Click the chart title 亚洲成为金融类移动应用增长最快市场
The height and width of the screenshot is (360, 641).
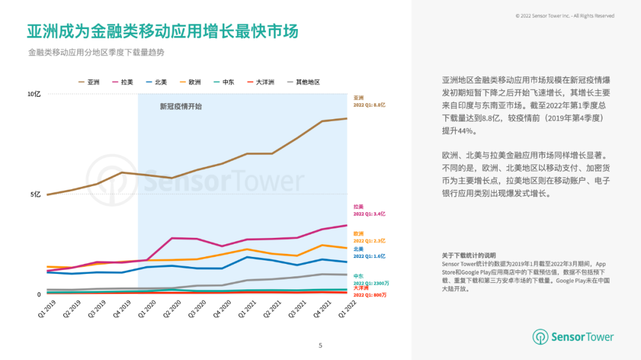coord(162,30)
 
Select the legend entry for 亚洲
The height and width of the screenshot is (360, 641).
coord(89,82)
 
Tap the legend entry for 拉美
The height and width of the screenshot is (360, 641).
coord(122,82)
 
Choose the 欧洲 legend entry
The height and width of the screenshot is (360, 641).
coord(190,82)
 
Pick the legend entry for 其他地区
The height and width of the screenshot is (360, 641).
coord(303,82)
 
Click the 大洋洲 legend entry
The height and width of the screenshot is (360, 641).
coord(261,82)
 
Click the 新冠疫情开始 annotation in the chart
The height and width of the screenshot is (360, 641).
coord(180,107)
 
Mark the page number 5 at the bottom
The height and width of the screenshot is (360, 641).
coord(320,346)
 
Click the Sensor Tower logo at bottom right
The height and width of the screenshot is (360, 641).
coord(573,337)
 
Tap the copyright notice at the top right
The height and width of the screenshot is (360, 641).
coord(564,16)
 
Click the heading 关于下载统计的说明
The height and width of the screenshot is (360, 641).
coord(469,255)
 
